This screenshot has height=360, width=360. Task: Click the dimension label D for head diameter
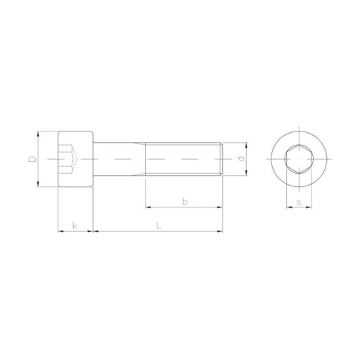(x=32, y=159)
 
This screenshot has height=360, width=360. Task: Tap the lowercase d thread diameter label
(x=240, y=159)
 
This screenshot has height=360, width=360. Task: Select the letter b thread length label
(x=185, y=201)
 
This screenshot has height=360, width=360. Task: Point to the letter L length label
(x=159, y=226)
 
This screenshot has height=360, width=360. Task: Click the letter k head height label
(x=75, y=226)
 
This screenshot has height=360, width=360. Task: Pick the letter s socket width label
(x=299, y=202)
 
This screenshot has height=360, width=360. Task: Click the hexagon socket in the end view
(x=299, y=159)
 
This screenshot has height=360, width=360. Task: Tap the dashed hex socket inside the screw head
(x=68, y=159)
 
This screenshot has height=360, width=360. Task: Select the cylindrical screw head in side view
(x=75, y=159)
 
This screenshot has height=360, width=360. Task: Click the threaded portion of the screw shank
(x=184, y=159)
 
